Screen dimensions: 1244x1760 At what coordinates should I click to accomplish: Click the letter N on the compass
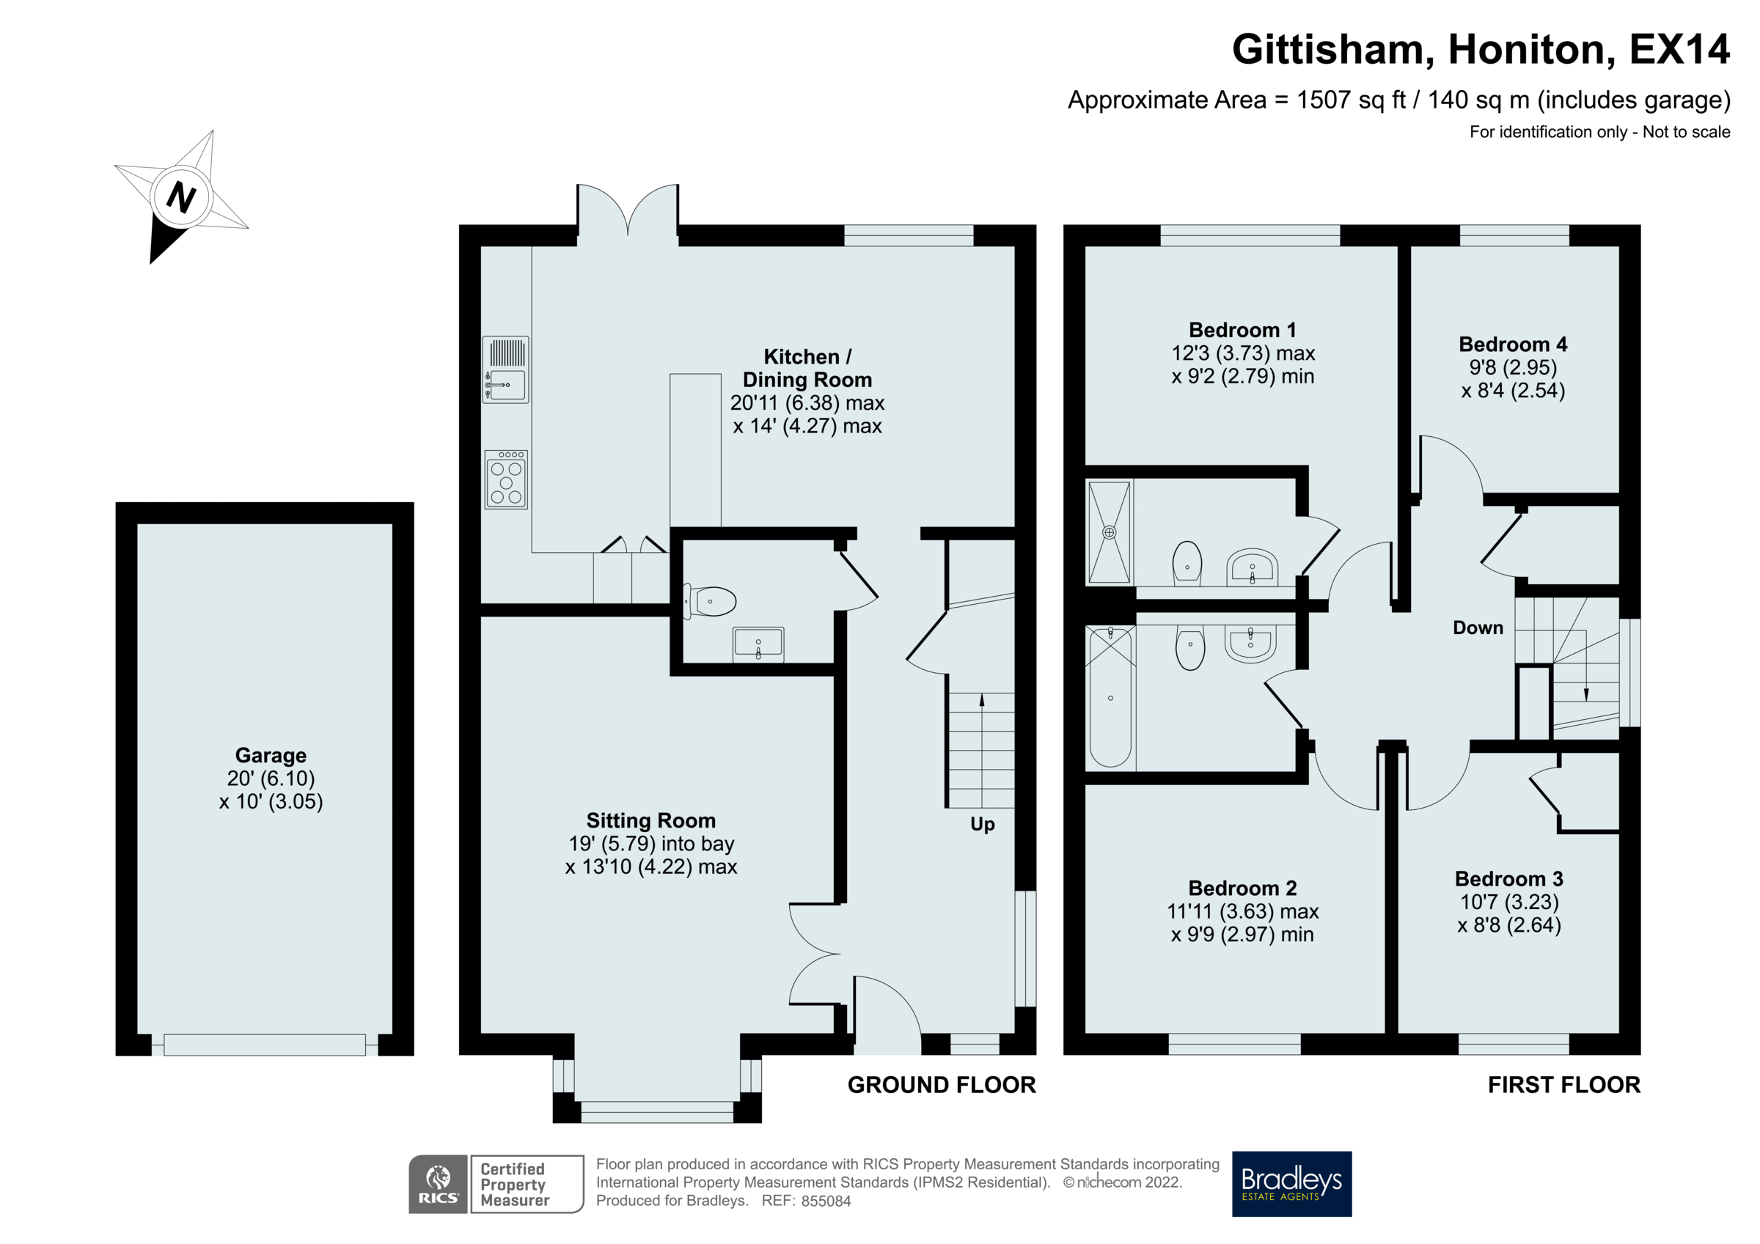181,197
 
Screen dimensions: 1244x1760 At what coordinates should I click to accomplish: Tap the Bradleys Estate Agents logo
1291,1183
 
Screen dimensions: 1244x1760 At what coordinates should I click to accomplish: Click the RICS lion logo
438,1183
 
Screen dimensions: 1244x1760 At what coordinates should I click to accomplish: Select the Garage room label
271,756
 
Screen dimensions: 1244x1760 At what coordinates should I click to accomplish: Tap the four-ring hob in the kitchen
506,480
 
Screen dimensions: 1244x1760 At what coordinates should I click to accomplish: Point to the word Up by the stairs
982,825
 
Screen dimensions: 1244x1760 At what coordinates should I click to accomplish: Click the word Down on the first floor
1477,627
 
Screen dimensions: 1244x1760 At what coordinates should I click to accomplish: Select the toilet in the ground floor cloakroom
712,602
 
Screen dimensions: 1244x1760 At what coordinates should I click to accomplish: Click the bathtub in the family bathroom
1110,696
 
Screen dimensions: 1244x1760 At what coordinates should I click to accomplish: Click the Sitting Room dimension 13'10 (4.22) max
650,867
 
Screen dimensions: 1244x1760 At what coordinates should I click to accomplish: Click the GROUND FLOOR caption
942,1085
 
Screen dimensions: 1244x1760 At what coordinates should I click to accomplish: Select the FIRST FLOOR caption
1563,1085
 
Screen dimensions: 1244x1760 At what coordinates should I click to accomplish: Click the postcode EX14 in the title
1679,50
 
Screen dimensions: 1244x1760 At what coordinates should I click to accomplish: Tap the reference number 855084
826,1201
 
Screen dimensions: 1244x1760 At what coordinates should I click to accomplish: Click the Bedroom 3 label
1508,879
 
